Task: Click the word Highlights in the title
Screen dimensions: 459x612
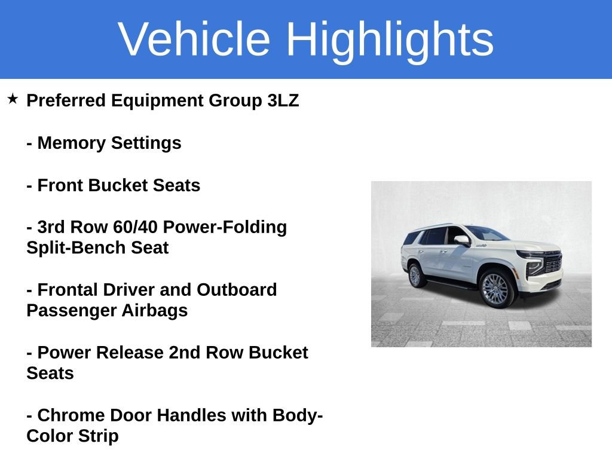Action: [390, 39]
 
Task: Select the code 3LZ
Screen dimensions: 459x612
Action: [283, 100]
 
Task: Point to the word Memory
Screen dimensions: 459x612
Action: [72, 143]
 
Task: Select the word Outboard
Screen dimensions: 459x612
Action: [237, 290]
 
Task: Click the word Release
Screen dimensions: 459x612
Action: [127, 353]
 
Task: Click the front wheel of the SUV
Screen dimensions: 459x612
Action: [494, 289]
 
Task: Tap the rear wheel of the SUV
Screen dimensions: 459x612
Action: [415, 276]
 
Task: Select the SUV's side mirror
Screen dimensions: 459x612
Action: [462, 240]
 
